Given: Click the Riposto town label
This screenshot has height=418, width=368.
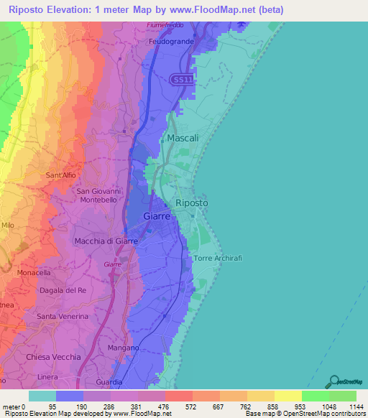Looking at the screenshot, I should coord(192,203).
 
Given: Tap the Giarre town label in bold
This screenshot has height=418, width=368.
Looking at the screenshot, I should coord(157,215).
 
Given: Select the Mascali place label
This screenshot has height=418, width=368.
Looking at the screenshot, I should coord(183,137).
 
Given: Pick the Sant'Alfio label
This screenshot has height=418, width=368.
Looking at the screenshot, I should coord(63,175).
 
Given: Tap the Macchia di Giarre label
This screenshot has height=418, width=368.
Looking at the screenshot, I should coord(106,241).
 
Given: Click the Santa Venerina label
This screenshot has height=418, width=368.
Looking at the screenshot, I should coord(63,316).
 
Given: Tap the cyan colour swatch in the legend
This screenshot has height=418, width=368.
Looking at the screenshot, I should coord(42,396).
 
